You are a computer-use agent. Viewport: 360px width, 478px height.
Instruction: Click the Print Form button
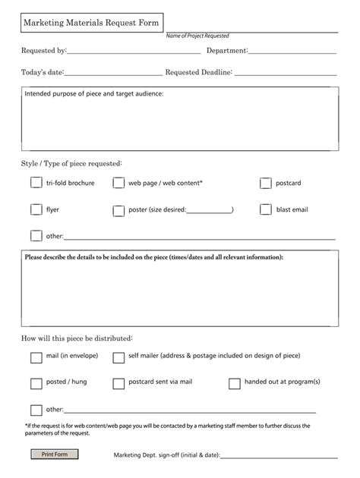(x=55, y=454)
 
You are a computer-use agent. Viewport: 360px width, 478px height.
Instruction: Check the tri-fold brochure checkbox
(x=36, y=183)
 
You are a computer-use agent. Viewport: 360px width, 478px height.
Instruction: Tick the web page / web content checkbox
(x=118, y=183)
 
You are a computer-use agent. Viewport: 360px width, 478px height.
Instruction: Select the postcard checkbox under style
(x=266, y=183)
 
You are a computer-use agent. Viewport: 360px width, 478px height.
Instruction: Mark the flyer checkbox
(x=36, y=209)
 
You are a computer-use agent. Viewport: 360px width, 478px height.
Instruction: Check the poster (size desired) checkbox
(x=118, y=210)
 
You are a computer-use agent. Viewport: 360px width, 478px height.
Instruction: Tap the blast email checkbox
(x=266, y=209)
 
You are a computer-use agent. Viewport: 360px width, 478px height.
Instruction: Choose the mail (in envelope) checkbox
(x=36, y=357)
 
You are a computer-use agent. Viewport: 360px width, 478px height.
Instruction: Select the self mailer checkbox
(x=118, y=357)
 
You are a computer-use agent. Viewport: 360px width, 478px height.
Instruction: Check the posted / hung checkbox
(x=36, y=383)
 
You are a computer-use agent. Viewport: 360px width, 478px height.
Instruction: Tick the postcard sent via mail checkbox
(x=118, y=383)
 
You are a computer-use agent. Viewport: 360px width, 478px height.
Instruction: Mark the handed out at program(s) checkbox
(x=235, y=383)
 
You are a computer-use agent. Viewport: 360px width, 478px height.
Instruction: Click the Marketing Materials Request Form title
(x=90, y=24)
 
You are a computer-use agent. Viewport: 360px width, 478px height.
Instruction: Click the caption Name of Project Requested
(x=197, y=36)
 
